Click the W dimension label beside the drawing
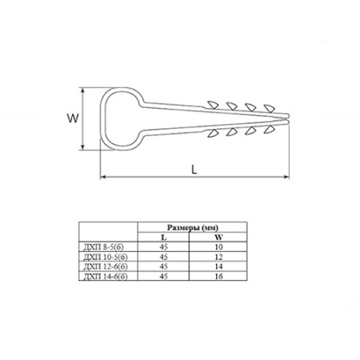click(x=73, y=118)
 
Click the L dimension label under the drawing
click(x=194, y=169)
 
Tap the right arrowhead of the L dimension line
click(x=286, y=177)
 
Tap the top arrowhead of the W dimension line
click(x=83, y=90)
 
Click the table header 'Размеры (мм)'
click(x=193, y=227)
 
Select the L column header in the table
click(x=164, y=237)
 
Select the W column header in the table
click(x=218, y=237)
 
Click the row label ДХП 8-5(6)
click(x=104, y=247)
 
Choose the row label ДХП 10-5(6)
click(x=106, y=257)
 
